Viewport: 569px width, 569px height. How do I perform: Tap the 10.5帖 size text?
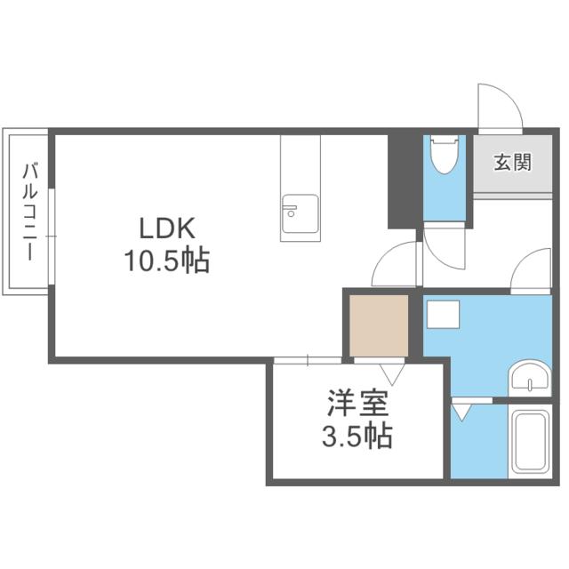(166, 260)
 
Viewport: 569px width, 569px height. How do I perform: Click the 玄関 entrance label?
(512, 163)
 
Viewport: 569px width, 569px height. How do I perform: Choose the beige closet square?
(378, 324)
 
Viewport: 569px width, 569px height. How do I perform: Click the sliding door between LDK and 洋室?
(307, 360)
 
